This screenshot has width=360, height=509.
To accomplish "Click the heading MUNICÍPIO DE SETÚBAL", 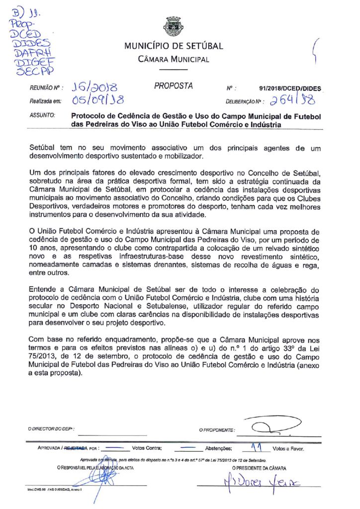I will click(x=174, y=46).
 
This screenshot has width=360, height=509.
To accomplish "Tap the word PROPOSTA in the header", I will click(x=174, y=86).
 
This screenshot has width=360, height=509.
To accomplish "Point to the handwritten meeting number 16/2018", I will click(x=93, y=87).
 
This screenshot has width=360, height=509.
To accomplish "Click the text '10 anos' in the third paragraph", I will click(x=42, y=252).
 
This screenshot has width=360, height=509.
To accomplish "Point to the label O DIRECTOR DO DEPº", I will click(x=50, y=428).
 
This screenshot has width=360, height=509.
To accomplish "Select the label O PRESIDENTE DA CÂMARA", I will click(x=259, y=468).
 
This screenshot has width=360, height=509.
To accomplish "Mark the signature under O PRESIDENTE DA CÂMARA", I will click(x=254, y=482).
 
